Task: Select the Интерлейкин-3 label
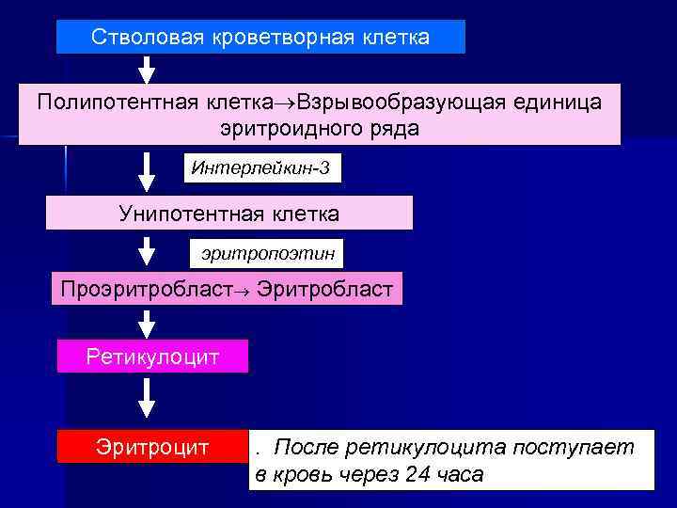coord(260,168)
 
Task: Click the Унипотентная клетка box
coord(229,214)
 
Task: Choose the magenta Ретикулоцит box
coord(152,357)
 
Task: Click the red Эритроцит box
coord(151,446)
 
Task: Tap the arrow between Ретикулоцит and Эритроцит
coord(148,397)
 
